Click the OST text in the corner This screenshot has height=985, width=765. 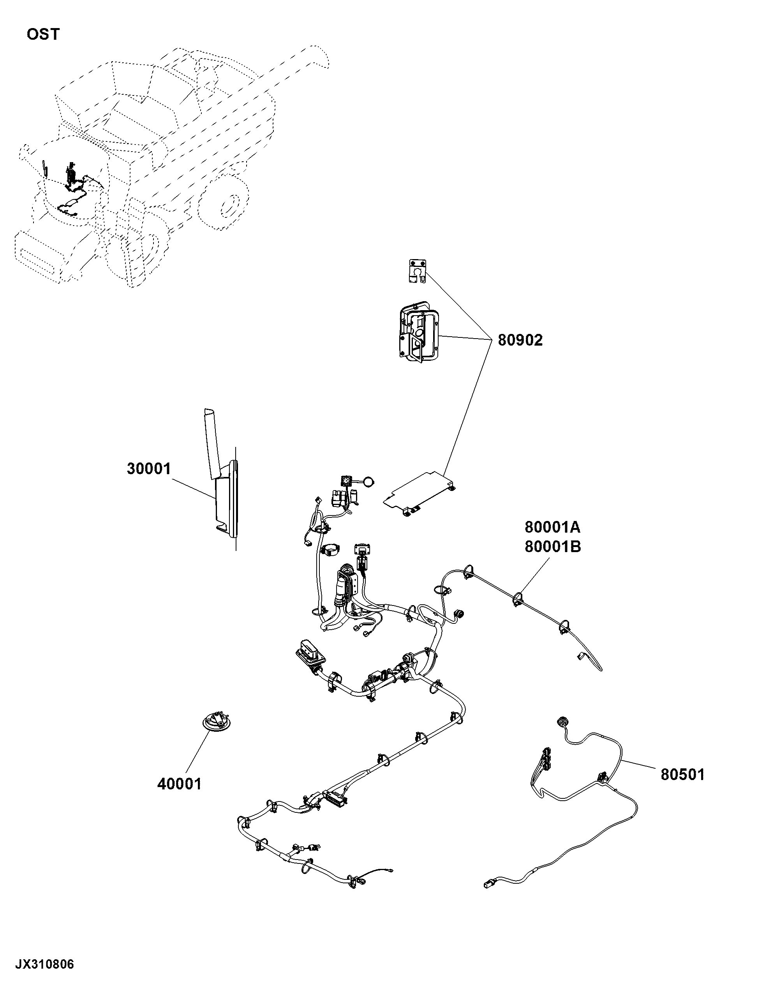pyautogui.click(x=43, y=34)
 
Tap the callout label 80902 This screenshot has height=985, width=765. pyautogui.click(x=520, y=340)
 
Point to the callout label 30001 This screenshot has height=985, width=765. pyautogui.click(x=149, y=469)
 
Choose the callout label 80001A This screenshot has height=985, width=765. pyautogui.click(x=552, y=526)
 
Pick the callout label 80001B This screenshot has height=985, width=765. pyautogui.click(x=552, y=547)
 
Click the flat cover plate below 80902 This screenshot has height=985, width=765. pyautogui.click(x=419, y=495)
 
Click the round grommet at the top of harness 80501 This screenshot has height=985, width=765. pyautogui.click(x=562, y=722)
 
